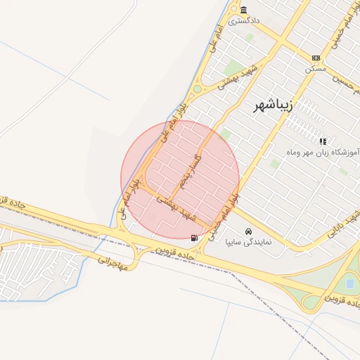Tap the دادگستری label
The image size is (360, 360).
point(243,20)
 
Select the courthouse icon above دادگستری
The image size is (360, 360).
point(243,10)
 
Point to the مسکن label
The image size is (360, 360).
point(316,69)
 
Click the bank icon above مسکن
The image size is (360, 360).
point(316,58)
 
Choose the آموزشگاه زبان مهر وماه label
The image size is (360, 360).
point(323,152)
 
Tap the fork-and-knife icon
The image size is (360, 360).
point(323,141)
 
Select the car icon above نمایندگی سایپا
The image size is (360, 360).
point(248,231)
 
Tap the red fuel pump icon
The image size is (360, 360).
point(194,238)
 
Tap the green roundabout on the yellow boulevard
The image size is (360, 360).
point(197,89)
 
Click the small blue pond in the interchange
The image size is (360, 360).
point(350,283)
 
